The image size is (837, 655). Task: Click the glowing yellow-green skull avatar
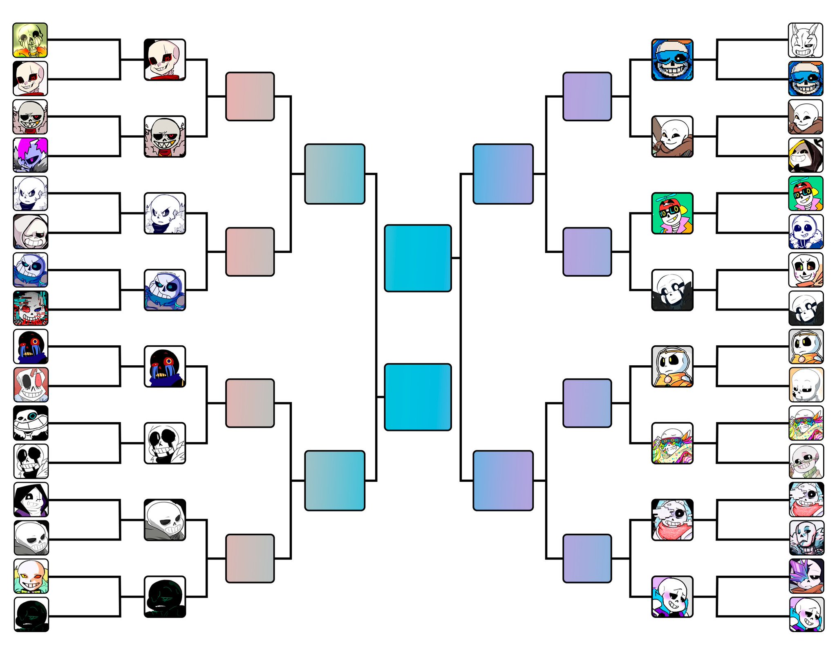30,40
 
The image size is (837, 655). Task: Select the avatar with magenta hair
30,155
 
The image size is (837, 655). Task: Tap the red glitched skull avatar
30,308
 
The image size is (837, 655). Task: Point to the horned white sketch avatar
805,40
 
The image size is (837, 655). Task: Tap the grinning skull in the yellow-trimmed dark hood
806,155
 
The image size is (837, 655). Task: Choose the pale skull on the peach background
806,385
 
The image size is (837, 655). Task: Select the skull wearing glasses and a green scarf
806,461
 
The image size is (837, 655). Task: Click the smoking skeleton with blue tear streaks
806,538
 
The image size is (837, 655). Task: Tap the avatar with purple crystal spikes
806,576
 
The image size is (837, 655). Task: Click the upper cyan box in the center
418,258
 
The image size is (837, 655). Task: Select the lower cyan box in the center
418,397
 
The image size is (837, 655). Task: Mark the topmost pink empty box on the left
250,96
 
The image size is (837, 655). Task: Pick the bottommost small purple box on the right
587,558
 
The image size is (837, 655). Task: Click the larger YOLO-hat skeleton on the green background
672,213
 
